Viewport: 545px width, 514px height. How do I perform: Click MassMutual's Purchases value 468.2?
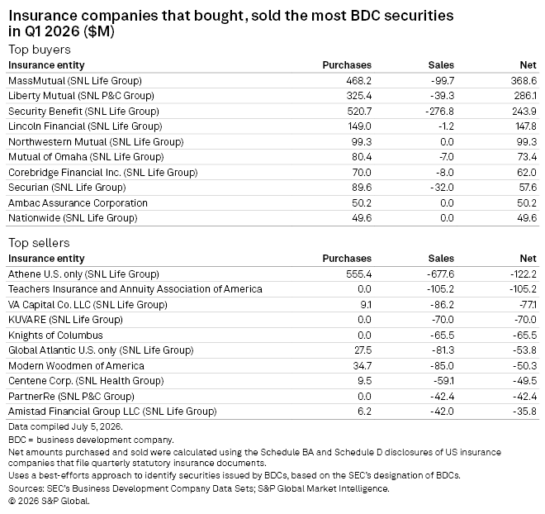[x=358, y=81]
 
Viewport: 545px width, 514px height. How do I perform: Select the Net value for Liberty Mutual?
[x=525, y=96]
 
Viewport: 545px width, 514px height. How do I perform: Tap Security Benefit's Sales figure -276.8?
[x=439, y=112]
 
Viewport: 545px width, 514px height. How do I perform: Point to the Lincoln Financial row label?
[x=85, y=126]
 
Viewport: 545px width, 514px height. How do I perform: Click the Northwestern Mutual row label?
[x=96, y=142]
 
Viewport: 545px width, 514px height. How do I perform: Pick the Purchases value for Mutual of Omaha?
[x=362, y=157]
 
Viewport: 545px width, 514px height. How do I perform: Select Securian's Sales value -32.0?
[x=442, y=188]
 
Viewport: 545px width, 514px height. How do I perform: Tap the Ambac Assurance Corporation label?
[x=78, y=202]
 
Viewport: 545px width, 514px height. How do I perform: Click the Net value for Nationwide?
[x=527, y=218]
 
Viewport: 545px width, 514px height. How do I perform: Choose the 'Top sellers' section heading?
[x=39, y=242]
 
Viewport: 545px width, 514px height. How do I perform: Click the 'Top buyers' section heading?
[x=40, y=50]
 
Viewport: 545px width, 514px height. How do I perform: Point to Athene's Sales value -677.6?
[x=440, y=274]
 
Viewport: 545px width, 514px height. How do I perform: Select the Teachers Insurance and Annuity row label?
[x=135, y=289]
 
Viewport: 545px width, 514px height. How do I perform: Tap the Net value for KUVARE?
[x=525, y=320]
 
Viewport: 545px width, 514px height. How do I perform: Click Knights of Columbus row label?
[x=55, y=336]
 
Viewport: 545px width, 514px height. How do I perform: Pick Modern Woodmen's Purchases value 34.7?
[x=363, y=366]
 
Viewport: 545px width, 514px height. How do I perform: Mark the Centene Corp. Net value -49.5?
[x=524, y=381]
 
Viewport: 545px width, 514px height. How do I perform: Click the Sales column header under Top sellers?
[x=441, y=259]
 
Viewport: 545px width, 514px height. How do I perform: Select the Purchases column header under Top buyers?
[x=347, y=65]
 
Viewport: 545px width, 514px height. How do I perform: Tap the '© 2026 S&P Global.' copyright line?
[x=49, y=501]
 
